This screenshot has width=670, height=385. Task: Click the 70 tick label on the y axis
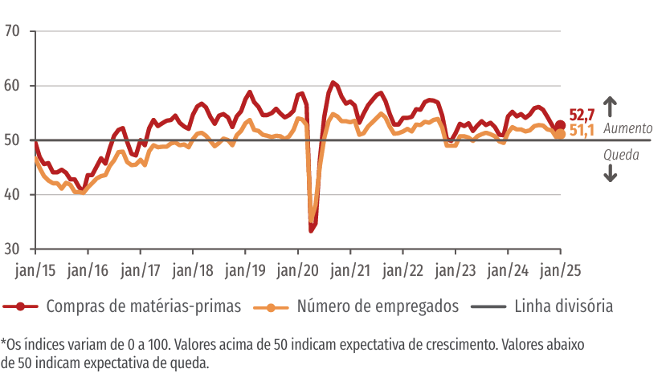tap(14, 31)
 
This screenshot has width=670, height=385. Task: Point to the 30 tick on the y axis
tap(14, 249)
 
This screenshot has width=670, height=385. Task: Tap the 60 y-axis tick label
tap(14, 86)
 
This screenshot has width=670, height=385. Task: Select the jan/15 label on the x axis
tap(35, 269)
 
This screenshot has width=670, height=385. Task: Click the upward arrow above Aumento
tap(610, 106)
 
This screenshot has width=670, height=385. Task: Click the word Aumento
tap(629, 128)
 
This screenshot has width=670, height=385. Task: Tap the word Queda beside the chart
tap(621, 155)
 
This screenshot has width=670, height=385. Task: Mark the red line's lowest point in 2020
tap(311, 231)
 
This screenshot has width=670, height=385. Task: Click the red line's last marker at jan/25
tap(560, 125)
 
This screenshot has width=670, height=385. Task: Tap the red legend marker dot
tap(22, 306)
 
